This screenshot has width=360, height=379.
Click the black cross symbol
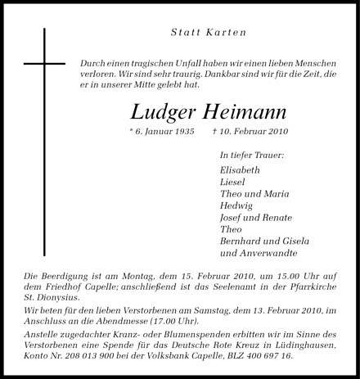pyautogui.click(x=44, y=64)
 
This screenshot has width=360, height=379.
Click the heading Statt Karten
pyautogui.click(x=208, y=33)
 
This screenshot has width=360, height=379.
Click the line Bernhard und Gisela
pyautogui.click(x=264, y=241)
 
